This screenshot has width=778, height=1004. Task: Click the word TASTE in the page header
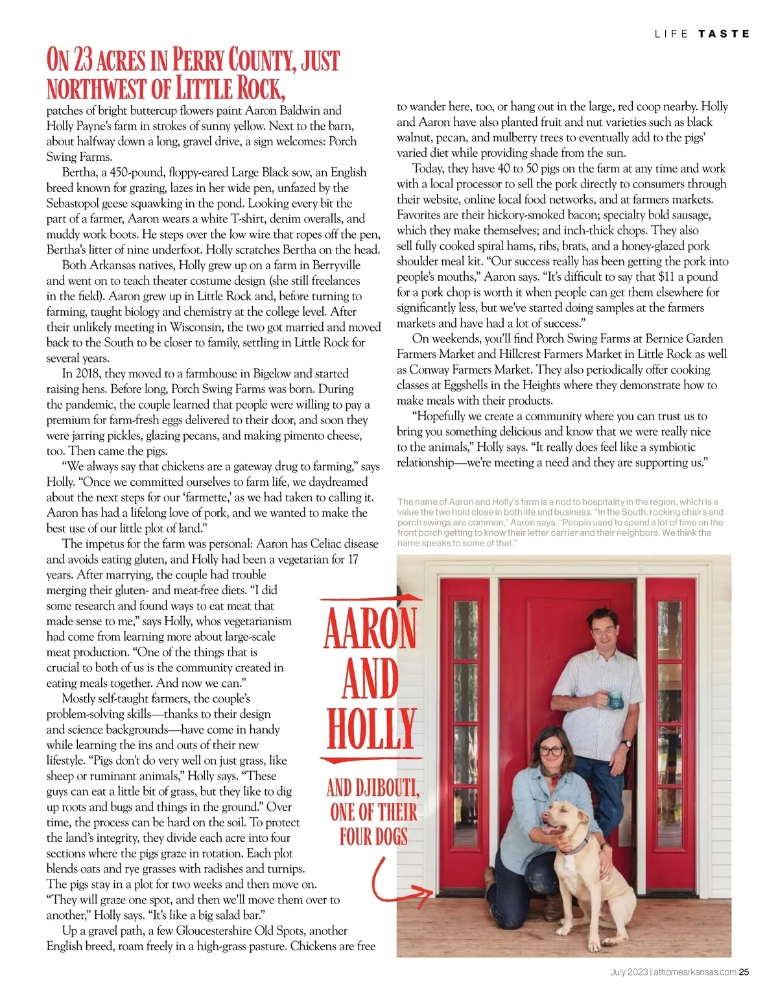pos(724,34)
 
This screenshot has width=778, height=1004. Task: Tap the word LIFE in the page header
pos(672,34)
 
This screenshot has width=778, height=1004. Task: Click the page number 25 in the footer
pos(744,972)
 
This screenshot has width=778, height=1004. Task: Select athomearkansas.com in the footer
pos(695,972)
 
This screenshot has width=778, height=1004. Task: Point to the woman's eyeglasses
pos(550,750)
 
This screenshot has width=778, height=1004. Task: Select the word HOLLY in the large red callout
pos(371,729)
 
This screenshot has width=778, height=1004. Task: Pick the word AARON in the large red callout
pos(370,627)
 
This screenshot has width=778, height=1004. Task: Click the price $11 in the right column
pos(666,277)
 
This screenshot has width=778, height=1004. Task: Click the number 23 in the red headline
pos(82,60)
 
